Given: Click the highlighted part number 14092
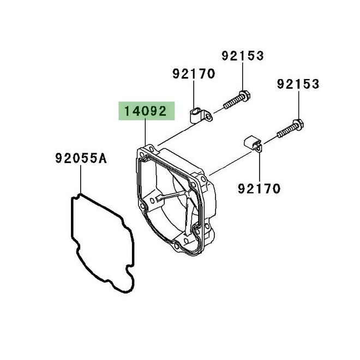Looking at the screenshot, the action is tap(145, 111).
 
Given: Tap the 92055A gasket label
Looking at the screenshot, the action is tap(81, 158).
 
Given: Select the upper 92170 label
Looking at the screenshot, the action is tap(194, 74).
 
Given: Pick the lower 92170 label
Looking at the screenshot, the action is tap(259, 189).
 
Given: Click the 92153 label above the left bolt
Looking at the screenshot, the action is tap(243, 56).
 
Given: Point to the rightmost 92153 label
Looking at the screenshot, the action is tap(298, 84).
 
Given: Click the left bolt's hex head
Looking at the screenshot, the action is tap(245, 96).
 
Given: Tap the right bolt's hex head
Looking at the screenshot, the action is tap(298, 125).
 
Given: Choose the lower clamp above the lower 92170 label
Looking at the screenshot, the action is tap(253, 143).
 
